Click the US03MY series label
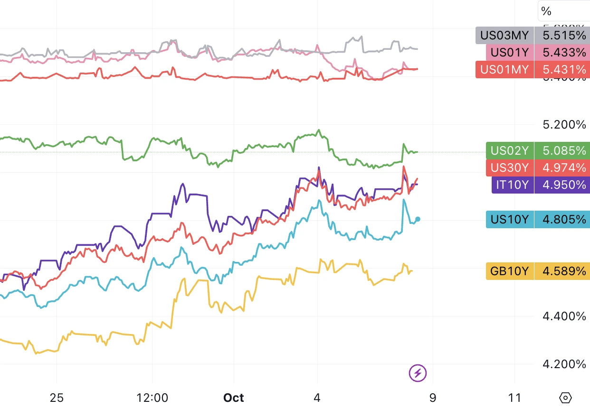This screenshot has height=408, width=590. tap(504, 35)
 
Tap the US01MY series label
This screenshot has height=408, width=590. tap(504, 69)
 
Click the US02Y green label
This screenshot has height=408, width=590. tap(510, 151)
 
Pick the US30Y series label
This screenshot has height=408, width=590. tap(510, 167)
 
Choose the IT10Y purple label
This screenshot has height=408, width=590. tap(512, 185)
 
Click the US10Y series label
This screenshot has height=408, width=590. tap(510, 219)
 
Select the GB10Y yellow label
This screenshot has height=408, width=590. tap(510, 271)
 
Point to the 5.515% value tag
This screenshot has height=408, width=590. tap(561, 35)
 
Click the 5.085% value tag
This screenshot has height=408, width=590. tap(561, 151)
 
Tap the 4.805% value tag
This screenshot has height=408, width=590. tap(561, 219)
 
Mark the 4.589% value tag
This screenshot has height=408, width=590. tap(561, 271)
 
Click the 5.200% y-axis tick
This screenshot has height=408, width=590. tap(564, 125)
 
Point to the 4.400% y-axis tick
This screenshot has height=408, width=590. tap(564, 316)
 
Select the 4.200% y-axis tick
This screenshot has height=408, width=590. tap(564, 364)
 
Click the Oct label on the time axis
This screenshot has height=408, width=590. tap(234, 397)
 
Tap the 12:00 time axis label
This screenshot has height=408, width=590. tap(152, 397)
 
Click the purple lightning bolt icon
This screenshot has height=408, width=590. tap(418, 373)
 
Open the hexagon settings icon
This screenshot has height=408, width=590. tap(565, 397)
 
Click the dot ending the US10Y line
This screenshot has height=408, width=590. tap(418, 219)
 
